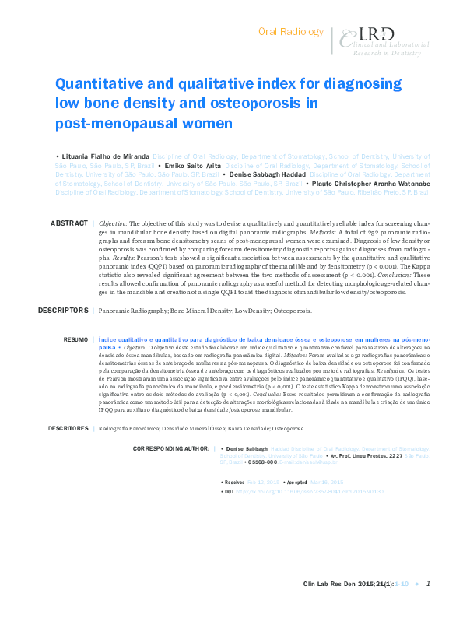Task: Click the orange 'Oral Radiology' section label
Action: pos(290,32)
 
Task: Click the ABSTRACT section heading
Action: pos(69,223)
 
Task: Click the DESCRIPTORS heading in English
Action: pos(63,311)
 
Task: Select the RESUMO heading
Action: pos(75,340)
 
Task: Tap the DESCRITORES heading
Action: pos(68,428)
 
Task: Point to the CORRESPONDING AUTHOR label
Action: pos(172,449)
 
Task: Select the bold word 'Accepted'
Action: pos(297,482)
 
